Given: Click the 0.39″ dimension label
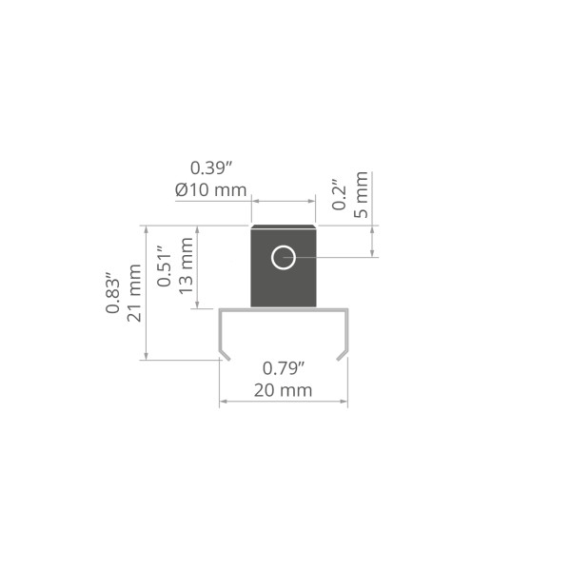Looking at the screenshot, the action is click(x=211, y=168).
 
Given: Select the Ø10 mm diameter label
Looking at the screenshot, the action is click(x=211, y=189).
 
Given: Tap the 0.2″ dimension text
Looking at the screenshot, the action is click(x=339, y=194).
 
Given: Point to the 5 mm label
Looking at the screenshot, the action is click(x=361, y=195).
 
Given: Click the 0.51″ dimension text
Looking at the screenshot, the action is click(x=165, y=266).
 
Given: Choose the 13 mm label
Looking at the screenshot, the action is click(x=186, y=266).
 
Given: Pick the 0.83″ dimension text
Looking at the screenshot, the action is click(x=112, y=292).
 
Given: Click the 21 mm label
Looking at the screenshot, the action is click(x=134, y=293).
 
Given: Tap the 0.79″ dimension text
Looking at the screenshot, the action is click(x=284, y=369).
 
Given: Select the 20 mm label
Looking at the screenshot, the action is click(x=283, y=390).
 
